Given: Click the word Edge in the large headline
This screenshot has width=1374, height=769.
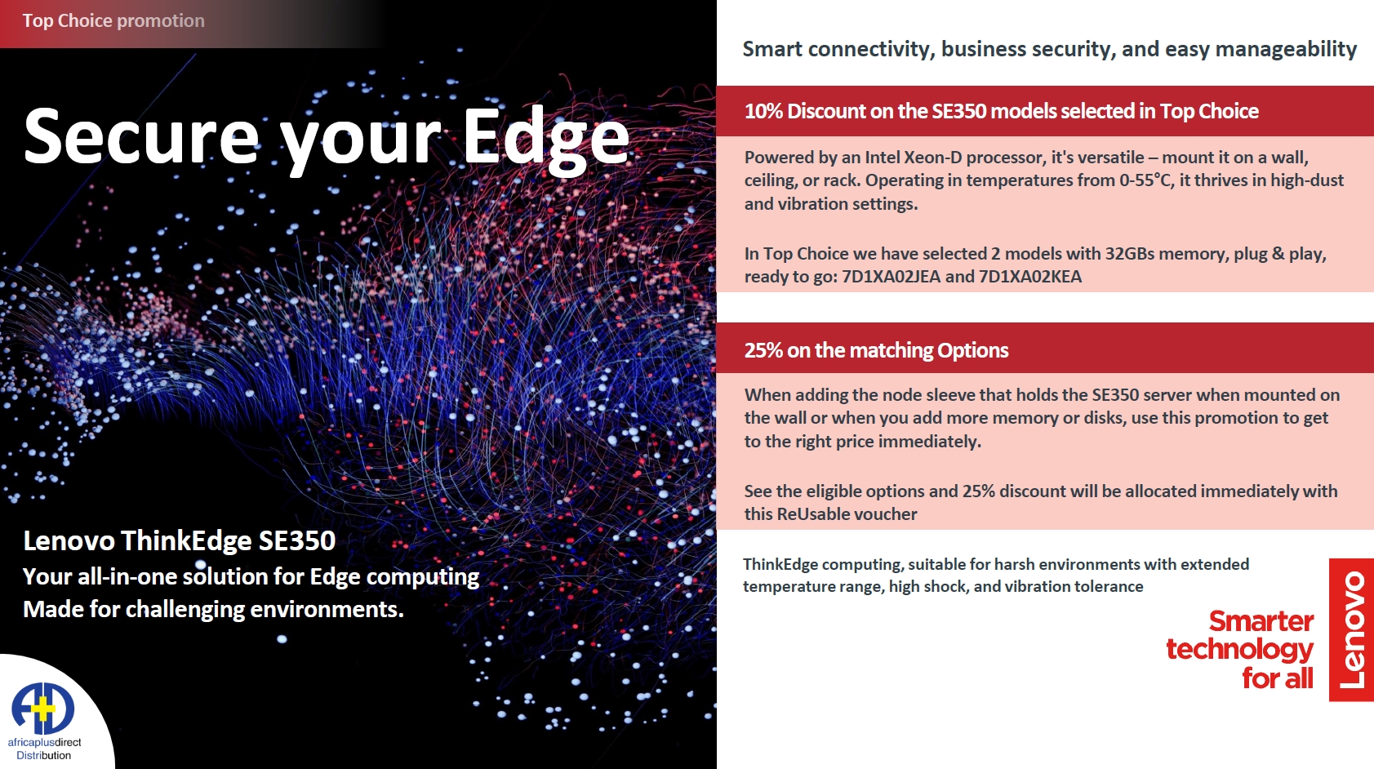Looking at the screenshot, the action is click(x=546, y=139).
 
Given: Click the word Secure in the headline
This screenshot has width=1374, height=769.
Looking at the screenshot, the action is click(x=142, y=136).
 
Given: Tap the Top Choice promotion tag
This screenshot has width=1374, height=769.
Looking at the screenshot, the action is click(x=113, y=21).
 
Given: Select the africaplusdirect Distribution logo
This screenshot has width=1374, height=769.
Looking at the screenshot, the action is click(x=44, y=721).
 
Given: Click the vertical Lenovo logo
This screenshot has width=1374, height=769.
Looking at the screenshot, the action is click(x=1351, y=629).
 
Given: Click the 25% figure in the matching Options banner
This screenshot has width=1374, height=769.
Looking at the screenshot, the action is click(x=763, y=351).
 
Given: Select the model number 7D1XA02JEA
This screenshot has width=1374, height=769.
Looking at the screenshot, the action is click(x=891, y=277).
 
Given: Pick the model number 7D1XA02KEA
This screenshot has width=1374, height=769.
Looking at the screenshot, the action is click(x=1029, y=277).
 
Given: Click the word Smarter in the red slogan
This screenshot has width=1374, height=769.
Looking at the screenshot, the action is click(x=1261, y=622).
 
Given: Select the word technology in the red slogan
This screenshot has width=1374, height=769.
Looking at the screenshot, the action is click(x=1239, y=650).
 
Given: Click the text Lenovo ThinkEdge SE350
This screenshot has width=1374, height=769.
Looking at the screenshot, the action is click(x=179, y=541).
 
